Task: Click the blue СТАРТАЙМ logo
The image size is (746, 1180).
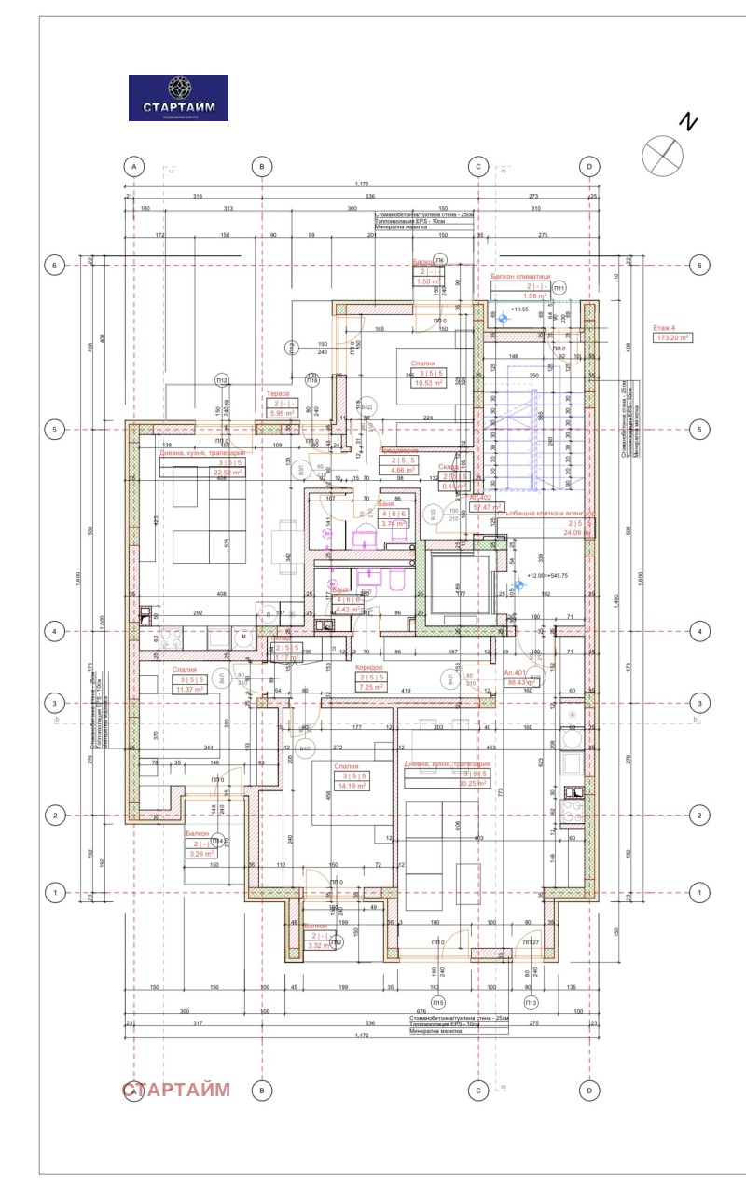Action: (177, 98)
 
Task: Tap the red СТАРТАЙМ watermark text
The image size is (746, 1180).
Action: (176, 1089)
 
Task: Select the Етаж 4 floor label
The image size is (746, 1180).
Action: (666, 328)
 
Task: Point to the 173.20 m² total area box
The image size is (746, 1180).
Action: (671, 338)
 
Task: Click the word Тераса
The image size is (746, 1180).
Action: (278, 394)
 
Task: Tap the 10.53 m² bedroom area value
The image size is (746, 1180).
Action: (429, 381)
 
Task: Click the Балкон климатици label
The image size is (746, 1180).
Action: (520, 277)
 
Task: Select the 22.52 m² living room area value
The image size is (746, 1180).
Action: (228, 473)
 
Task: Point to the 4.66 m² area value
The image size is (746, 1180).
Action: (404, 471)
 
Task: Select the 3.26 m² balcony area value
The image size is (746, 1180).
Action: (200, 852)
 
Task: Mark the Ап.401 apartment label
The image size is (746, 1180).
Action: (516, 672)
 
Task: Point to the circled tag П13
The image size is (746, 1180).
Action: (531, 1002)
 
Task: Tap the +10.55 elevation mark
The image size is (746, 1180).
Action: (519, 309)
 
